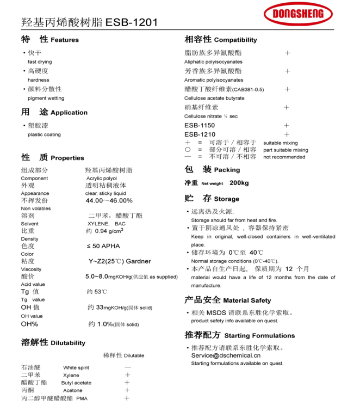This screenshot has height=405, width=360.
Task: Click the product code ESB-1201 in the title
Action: pos(132,23)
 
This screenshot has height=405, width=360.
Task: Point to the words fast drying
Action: pos(40,62)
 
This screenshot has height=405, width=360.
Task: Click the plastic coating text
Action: pos(44,134)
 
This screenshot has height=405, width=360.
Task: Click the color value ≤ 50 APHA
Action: pos(103,246)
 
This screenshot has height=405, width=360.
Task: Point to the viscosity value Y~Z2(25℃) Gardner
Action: pos(120,261)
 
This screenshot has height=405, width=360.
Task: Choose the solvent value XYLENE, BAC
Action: pos(107,224)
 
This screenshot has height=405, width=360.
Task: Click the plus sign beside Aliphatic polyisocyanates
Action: pos(287,53)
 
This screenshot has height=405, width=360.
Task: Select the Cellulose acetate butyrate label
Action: pos(214,99)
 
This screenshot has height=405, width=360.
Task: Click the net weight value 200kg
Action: pos(239,183)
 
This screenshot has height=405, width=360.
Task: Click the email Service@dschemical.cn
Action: pos(226,355)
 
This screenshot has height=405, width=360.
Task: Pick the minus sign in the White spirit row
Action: pos(127,367)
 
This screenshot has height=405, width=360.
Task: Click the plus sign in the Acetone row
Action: pos(127,390)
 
